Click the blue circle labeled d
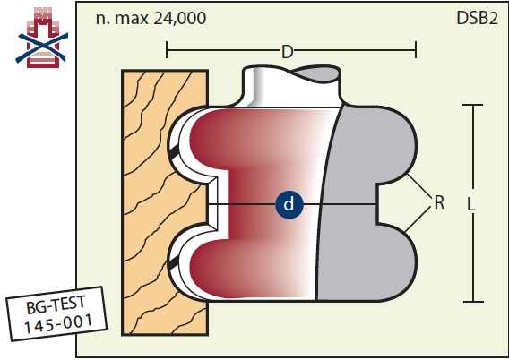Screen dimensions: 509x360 (289, 204)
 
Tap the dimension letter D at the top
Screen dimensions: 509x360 (288, 52)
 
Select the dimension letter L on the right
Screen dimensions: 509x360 (471, 204)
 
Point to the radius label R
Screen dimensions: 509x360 (439, 202)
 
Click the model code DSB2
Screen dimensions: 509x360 (477, 18)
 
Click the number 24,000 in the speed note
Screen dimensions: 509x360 (179, 18)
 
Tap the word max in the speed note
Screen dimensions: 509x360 (132, 20)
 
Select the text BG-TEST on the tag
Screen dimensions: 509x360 (56, 304)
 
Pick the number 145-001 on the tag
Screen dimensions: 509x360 (58, 323)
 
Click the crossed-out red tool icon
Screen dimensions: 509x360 (42, 38)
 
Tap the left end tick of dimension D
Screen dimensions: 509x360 (167, 49)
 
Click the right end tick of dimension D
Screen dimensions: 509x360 (416, 49)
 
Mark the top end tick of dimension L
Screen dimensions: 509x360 (472, 105)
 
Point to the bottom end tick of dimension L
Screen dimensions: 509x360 (473, 302)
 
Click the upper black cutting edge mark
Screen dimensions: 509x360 (174, 151)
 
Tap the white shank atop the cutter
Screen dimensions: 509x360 (291, 87)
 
